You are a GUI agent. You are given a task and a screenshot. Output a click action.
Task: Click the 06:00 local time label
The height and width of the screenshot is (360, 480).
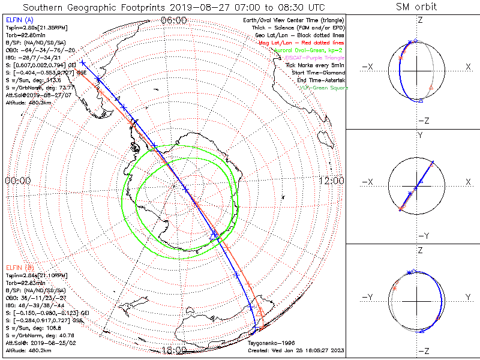174,20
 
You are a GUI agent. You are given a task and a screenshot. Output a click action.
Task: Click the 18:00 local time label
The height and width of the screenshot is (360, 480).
174,350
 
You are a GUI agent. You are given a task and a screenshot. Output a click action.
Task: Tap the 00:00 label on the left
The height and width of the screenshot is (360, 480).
17,181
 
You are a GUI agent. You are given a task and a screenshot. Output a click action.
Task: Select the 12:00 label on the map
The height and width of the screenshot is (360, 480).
331,181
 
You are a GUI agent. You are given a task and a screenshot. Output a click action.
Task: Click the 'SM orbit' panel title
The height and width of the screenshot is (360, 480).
416,7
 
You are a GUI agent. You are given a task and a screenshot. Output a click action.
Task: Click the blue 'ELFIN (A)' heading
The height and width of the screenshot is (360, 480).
19,20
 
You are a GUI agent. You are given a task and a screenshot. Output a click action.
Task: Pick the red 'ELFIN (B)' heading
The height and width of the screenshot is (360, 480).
19,267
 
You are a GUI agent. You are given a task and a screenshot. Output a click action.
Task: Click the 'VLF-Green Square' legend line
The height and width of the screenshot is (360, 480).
323,88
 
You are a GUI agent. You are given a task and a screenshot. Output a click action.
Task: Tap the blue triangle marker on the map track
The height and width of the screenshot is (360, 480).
214,235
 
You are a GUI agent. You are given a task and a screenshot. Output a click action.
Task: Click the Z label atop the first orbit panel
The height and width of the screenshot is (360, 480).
420,20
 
